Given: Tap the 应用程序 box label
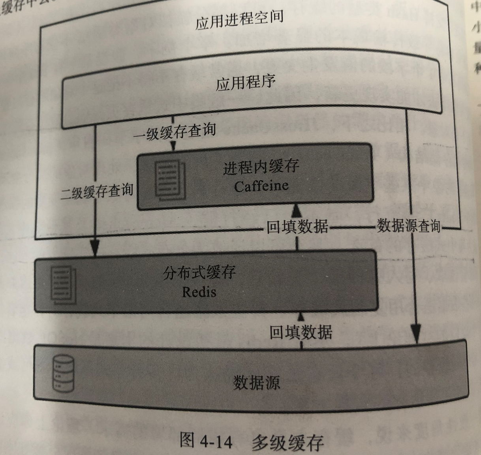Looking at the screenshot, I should (245, 83).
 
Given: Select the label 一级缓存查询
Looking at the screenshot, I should (175, 132).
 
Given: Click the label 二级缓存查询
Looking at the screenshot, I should (97, 192).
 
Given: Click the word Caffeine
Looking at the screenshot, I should (261, 186).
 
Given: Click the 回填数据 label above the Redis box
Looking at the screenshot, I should (297, 227).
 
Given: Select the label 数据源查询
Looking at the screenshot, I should (408, 226).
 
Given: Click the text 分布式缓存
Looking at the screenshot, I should (199, 273).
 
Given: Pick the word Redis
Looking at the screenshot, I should (199, 292).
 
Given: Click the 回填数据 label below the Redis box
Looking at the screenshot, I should (301, 332).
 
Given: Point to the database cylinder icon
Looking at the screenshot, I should (63, 373).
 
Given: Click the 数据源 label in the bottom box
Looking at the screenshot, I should (256, 382).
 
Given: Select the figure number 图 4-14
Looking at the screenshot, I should (206, 441).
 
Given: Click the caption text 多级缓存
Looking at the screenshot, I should (287, 442).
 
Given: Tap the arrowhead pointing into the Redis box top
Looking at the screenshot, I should (95, 249).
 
